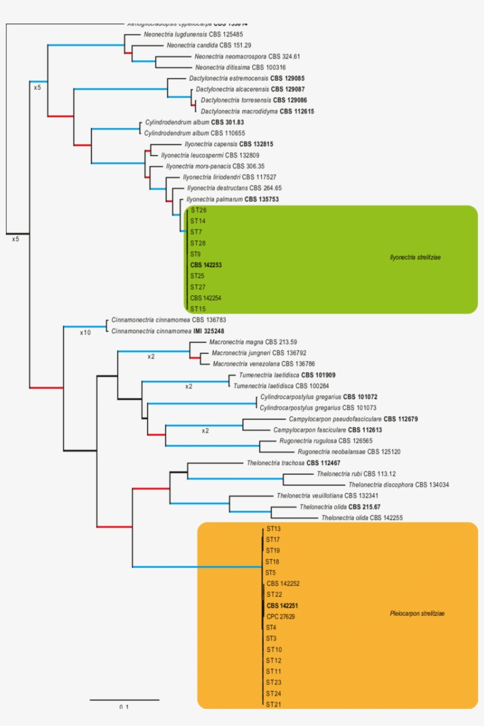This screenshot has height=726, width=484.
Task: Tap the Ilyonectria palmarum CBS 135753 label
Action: (232, 199)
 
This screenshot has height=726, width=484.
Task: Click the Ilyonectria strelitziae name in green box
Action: (416, 257)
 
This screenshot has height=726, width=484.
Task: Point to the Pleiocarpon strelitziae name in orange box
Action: (417, 614)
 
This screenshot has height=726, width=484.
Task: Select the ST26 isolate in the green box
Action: (198, 211)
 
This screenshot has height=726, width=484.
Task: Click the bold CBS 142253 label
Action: (206, 265)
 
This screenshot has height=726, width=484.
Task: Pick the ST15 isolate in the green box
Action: (198, 309)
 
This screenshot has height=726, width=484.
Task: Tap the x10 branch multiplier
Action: (86, 333)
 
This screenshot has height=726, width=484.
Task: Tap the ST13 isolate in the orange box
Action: (273, 528)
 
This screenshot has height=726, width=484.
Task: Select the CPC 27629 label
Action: (281, 616)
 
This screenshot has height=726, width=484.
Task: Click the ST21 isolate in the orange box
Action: (273, 704)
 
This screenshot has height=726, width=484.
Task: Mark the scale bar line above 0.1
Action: (125, 699)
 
